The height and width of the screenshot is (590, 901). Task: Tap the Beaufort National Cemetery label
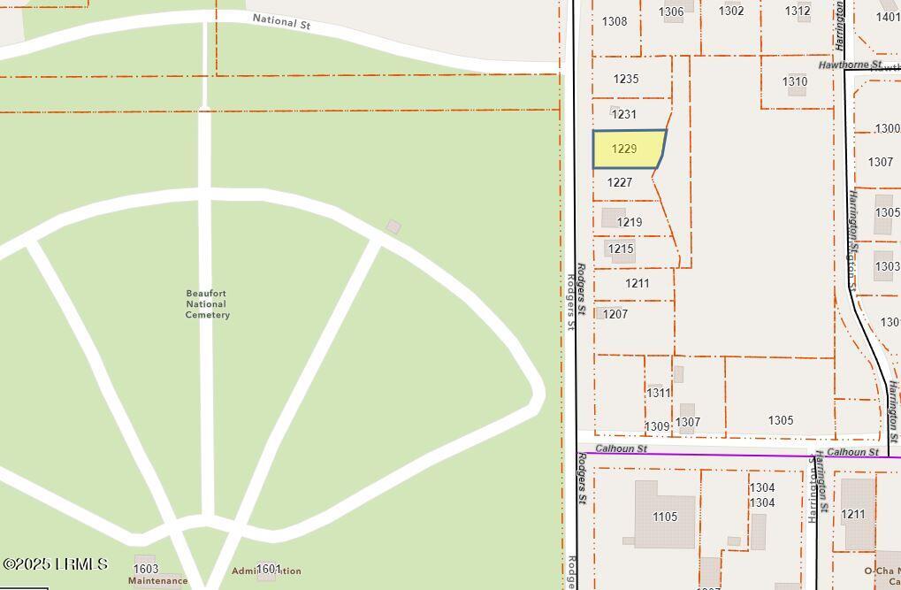click(208, 304)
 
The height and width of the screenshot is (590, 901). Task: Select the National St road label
click(281, 21)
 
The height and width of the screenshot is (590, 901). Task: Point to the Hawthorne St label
click(849, 65)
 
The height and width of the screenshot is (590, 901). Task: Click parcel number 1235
click(625, 79)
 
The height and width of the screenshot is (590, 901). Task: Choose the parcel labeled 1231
click(623, 114)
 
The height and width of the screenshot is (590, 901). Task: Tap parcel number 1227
click(619, 182)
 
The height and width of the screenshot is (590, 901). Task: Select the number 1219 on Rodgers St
click(629, 222)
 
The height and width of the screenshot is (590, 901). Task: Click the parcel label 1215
click(620, 249)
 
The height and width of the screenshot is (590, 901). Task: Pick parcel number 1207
click(615, 314)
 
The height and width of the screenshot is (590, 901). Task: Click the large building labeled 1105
click(664, 517)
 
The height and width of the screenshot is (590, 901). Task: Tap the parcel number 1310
click(794, 81)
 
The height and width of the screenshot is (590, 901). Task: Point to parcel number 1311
click(658, 393)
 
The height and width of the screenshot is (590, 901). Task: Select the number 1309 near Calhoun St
click(656, 426)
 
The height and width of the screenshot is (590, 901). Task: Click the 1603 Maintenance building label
click(146, 569)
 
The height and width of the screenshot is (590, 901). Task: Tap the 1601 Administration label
click(268, 570)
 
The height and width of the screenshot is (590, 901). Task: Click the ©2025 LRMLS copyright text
click(55, 563)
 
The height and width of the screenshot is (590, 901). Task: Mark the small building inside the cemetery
click(393, 226)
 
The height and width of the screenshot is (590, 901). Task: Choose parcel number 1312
click(797, 11)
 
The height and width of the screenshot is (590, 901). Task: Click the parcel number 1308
click(614, 21)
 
